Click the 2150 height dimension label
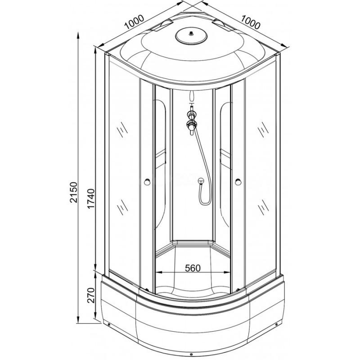(74, 192)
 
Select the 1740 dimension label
(91, 198)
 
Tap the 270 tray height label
(91, 295)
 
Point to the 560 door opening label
(193, 268)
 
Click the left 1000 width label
(134, 22)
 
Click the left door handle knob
(147, 182)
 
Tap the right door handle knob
(238, 182)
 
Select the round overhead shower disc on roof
(191, 36)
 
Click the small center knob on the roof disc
(191, 34)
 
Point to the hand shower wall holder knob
(201, 181)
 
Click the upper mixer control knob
(191, 114)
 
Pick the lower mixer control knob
(192, 125)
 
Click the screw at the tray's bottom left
(108, 324)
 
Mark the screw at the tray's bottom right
(276, 324)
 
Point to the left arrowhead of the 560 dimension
(159, 272)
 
